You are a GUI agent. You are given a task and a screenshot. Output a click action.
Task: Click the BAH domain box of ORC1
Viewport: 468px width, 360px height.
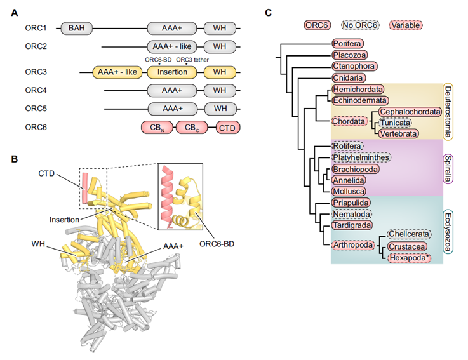[x=76, y=29]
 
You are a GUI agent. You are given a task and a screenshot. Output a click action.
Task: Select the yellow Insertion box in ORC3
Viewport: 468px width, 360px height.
[x=173, y=72]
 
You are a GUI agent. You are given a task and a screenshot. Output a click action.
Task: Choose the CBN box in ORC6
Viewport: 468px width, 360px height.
[x=157, y=128]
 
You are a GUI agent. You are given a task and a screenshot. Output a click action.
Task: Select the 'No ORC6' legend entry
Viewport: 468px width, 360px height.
[x=359, y=25]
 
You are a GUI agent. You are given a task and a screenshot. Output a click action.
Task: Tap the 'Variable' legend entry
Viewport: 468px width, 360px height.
[x=406, y=25]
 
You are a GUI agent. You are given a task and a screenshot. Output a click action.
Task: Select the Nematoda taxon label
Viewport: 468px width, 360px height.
[x=353, y=215]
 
